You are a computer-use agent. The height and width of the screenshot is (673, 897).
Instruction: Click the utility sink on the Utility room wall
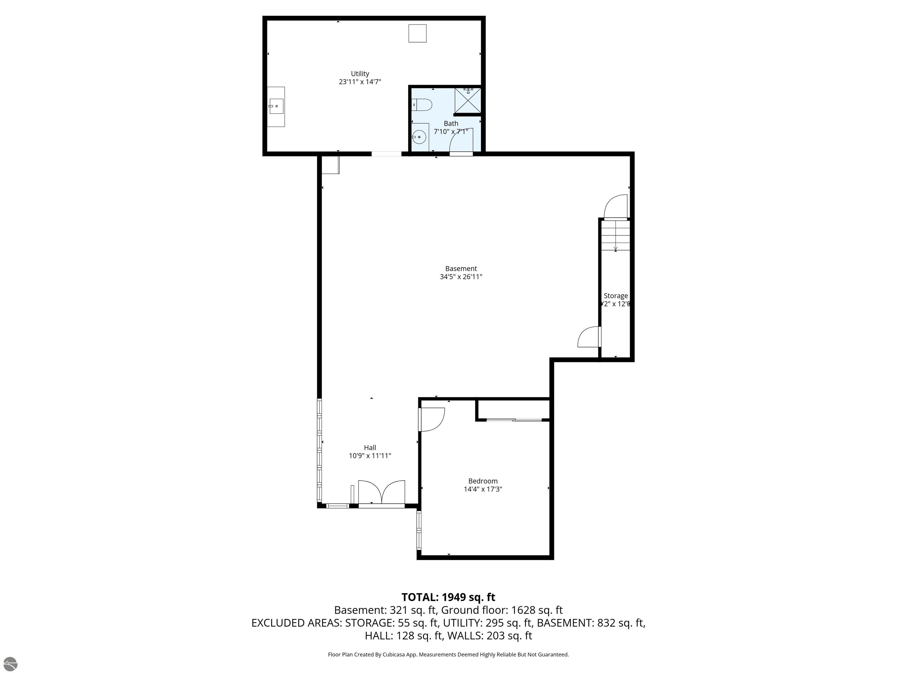click(276, 107)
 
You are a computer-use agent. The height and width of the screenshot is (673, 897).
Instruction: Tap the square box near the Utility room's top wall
click(417, 33)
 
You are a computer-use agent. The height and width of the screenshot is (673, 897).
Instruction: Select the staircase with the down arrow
click(615, 235)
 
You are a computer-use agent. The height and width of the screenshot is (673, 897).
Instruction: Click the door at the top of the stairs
click(616, 207)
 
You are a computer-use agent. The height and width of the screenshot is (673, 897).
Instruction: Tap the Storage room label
click(615, 296)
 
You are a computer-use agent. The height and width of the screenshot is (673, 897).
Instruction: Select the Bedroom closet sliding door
click(514, 420)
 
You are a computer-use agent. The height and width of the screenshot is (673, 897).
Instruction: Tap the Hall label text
click(370, 447)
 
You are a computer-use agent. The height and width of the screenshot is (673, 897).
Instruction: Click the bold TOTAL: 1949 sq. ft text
click(448, 597)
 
